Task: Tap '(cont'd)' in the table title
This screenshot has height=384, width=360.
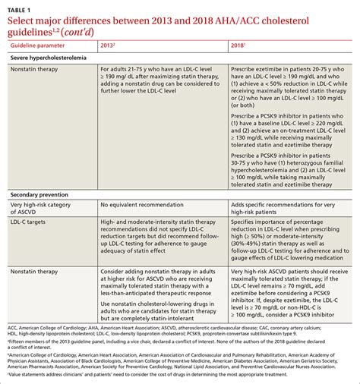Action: tap(81, 36)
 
